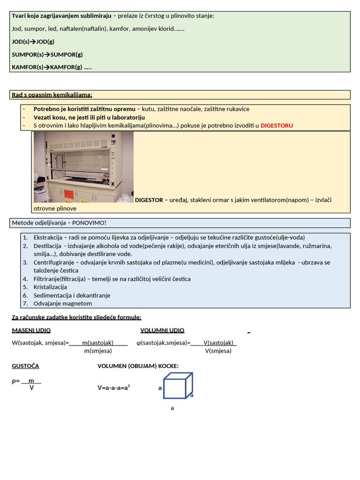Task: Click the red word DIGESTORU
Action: click(x=277, y=126)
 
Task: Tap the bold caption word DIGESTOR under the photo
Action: click(x=149, y=200)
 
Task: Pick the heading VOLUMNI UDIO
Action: click(x=162, y=330)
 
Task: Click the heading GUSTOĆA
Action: click(x=25, y=366)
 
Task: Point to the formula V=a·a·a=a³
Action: click(x=114, y=388)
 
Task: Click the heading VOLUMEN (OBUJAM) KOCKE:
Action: click(x=138, y=366)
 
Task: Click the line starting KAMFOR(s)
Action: click(x=52, y=67)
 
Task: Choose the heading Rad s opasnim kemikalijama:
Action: click(x=52, y=95)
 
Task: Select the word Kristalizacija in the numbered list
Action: click(x=50, y=287)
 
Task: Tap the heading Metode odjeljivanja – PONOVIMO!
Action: click(x=59, y=223)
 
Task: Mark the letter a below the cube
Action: click(x=172, y=408)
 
